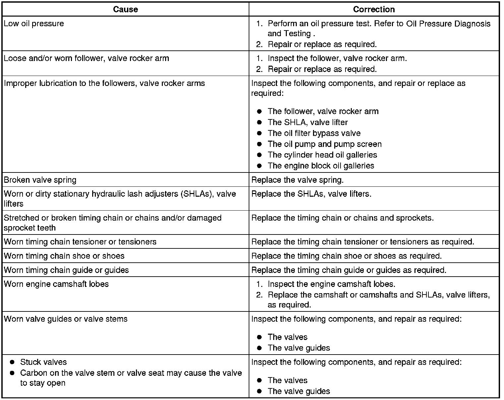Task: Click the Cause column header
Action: point(125,9)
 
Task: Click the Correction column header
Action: point(374,9)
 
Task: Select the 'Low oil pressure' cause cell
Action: point(34,24)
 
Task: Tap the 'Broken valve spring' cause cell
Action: point(40,180)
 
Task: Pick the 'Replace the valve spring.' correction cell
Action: point(297,180)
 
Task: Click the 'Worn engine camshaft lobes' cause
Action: point(56,284)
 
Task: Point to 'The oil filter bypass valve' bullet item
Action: point(314,133)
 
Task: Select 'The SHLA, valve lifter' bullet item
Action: point(307,122)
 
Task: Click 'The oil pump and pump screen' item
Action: point(324,144)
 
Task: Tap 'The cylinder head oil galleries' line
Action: point(322,155)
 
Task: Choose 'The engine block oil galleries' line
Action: point(321,166)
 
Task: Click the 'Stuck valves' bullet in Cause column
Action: point(43,362)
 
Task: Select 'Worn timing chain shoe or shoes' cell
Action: point(64,256)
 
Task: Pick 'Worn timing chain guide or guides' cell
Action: point(66,270)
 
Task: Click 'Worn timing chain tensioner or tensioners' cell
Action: point(80,241)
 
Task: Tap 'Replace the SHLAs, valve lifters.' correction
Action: point(311,194)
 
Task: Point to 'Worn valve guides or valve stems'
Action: point(66,319)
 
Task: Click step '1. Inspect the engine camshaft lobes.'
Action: point(331,284)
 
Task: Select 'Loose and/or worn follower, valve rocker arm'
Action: point(87,58)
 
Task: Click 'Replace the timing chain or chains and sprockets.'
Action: point(343,218)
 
